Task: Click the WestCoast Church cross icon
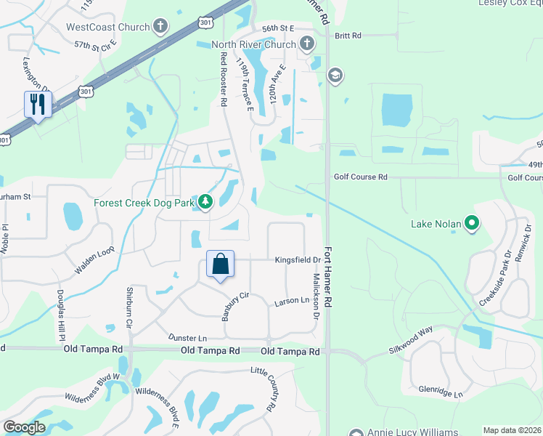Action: pos(160,28)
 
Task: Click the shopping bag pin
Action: pos(221,265)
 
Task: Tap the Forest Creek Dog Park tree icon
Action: pos(205,203)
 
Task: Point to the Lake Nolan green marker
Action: pos(473,224)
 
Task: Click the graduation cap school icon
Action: pos(335,75)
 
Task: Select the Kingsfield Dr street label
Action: pos(298,259)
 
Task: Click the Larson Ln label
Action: pos(293,302)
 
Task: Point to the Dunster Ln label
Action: pos(187,338)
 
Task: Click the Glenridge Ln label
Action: pos(440,392)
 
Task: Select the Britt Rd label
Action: pos(348,36)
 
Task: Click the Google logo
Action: pos(24,427)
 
